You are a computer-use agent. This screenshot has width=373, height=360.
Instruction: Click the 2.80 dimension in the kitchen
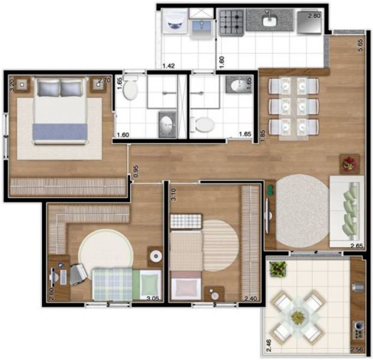pyautogui.click(x=315, y=16)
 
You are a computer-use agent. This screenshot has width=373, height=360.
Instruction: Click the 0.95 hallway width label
pyautogui.click(x=136, y=170)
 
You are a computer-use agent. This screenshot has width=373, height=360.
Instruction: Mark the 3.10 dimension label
pyautogui.click(x=173, y=194)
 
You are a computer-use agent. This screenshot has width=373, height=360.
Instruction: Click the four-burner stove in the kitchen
pyautogui.click(x=230, y=22)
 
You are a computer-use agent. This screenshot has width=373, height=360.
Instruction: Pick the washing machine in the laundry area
pyautogui.click(x=175, y=22)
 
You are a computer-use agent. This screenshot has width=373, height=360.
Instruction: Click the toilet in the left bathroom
pyautogui.click(x=133, y=89)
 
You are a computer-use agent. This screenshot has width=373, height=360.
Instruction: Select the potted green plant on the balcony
pyautogui.click(x=277, y=269)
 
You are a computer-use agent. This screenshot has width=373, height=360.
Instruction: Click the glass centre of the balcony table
pyautogui.click(x=298, y=314)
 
